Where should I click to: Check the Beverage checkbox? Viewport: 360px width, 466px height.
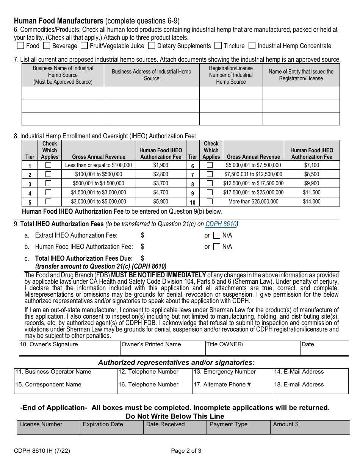(47, 46)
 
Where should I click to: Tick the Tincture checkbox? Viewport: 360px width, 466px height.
(218, 46)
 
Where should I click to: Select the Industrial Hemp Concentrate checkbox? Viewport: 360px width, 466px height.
(252, 46)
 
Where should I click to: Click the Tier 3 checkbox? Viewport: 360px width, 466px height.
(48, 183)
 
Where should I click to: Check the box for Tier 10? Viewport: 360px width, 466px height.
(210, 202)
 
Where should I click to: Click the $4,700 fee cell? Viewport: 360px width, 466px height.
(161, 192)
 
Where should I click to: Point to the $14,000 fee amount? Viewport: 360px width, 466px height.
(311, 202)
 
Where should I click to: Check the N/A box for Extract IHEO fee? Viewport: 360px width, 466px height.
(216, 235)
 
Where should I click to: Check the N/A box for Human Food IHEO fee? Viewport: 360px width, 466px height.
(216, 247)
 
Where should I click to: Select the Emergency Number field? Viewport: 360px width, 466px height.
(232, 374)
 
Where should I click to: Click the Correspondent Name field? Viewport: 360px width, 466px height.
(65, 387)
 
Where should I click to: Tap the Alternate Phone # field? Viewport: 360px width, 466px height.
(232, 387)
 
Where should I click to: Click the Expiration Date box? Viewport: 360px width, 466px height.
(111, 427)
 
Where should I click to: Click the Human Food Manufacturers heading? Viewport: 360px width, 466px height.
(59, 21)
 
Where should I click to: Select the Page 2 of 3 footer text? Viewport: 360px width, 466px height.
(186, 451)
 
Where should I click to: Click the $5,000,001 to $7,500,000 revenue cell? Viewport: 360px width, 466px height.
(253, 165)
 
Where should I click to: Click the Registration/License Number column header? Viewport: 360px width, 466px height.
(231, 75)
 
